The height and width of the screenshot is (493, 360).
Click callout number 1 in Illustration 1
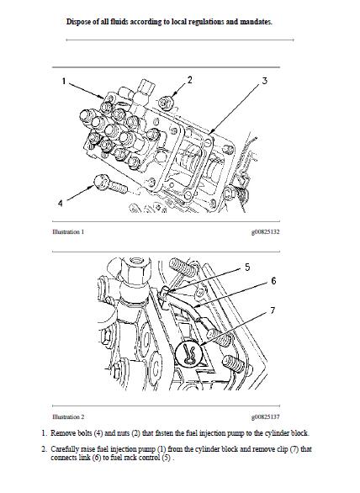click(x=64, y=82)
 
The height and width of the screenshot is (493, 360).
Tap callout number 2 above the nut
click(x=189, y=80)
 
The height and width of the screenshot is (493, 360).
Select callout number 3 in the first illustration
click(x=264, y=81)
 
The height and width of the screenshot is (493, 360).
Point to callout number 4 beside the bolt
click(x=61, y=203)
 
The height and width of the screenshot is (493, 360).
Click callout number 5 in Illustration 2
click(x=247, y=268)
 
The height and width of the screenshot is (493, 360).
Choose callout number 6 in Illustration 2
click(x=273, y=281)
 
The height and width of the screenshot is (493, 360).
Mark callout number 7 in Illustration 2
click(x=273, y=310)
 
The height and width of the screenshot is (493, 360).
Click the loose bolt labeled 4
click(x=111, y=184)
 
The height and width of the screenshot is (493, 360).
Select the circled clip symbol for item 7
click(x=188, y=353)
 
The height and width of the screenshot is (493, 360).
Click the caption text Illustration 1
click(x=68, y=232)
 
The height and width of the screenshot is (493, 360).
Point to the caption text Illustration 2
click(x=68, y=417)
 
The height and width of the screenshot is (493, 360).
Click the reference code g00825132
click(x=265, y=232)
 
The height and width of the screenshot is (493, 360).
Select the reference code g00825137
click(x=265, y=417)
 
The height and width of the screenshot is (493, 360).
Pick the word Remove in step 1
click(x=62, y=433)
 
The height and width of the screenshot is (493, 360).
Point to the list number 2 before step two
click(x=44, y=449)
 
